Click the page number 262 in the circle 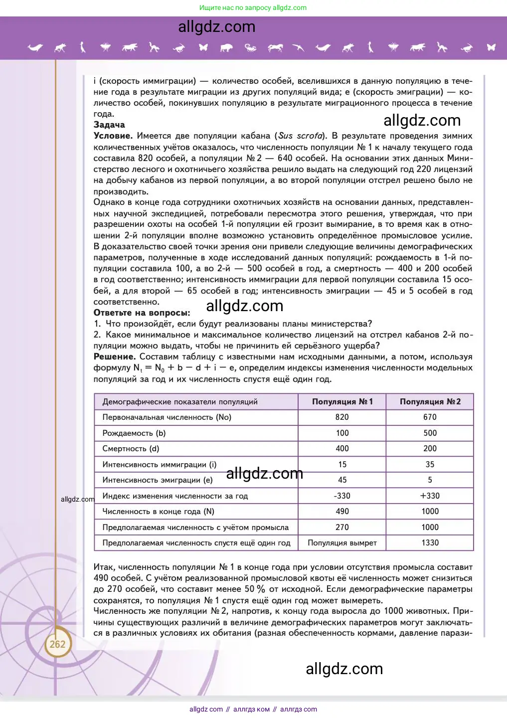coord(57,644)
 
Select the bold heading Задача coord(109,125)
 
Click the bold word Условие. coord(113,136)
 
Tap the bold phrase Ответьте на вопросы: coord(142,313)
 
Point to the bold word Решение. coord(115,357)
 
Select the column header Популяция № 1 coord(342,401)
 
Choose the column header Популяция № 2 coord(430,401)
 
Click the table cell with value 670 coord(430,417)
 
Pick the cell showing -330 coord(342,496)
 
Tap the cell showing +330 coord(430,496)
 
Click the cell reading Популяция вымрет coord(342,542)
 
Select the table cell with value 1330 coord(430,542)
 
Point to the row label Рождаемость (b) coord(134,433)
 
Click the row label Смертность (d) coord(131,448)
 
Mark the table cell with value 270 coord(342,527)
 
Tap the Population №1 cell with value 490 coord(342,511)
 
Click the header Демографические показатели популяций coord(180,401)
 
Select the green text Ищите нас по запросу coord(235,7)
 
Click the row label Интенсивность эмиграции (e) coord(158,480)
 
